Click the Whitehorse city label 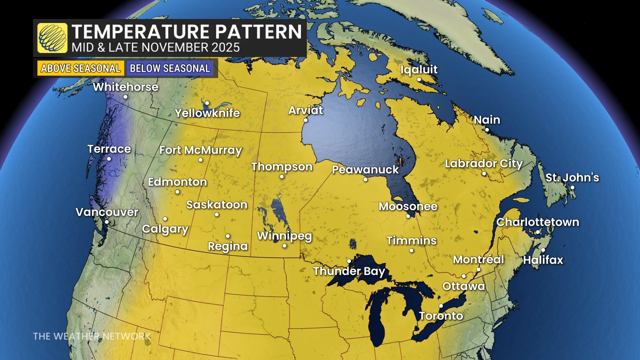[x=126, y=87]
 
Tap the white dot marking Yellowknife [x=207, y=103]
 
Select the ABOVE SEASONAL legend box [x=80, y=68]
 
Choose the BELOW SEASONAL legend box [x=170, y=68]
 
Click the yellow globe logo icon [x=52, y=38]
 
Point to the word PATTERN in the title [x=258, y=32]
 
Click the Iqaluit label [x=419, y=69]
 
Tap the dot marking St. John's [x=572, y=187]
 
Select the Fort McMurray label [x=200, y=150]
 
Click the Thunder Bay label [x=349, y=271]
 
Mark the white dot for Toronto [x=441, y=306]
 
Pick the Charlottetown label [x=538, y=222]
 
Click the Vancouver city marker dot [x=107, y=222]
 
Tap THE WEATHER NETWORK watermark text [x=92, y=336]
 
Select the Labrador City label [x=484, y=164]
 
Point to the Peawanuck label [x=365, y=170]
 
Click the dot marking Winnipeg [x=284, y=246]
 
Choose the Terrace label [x=109, y=149]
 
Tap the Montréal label [x=478, y=260]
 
